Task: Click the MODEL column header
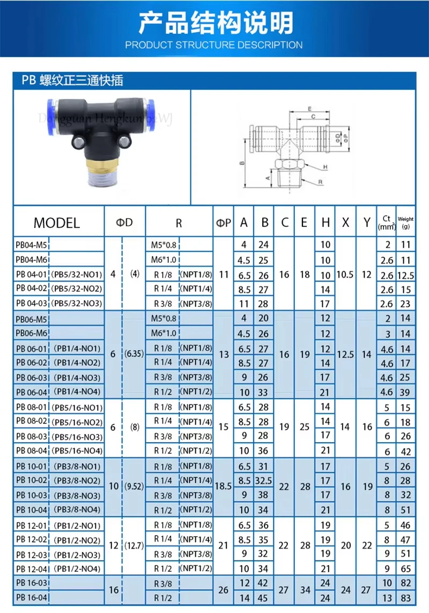(56, 222)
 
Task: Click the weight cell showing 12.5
(406, 275)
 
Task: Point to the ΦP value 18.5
(224, 486)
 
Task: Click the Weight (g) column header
(406, 222)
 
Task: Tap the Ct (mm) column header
(386, 222)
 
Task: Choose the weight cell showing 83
(406, 597)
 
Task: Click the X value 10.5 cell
(345, 274)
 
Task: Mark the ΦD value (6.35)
(134, 355)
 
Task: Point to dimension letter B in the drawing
(242, 164)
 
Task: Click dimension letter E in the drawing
(309, 109)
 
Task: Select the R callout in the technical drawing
(320, 182)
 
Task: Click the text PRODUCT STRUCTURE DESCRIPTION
(214, 45)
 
